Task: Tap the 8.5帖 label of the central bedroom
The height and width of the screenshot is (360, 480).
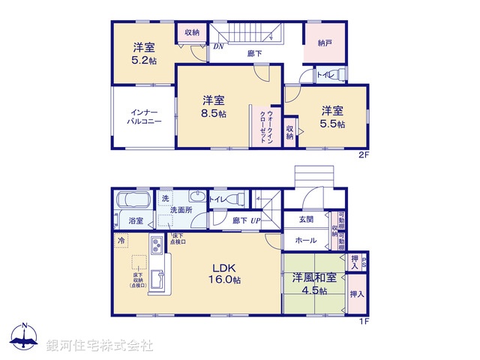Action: pyautogui.click(x=213, y=115)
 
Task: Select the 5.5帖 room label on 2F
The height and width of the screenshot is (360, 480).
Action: pyautogui.click(x=331, y=124)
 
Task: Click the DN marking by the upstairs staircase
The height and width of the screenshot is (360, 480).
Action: pyautogui.click(x=218, y=46)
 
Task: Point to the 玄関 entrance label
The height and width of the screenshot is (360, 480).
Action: pyautogui.click(x=307, y=220)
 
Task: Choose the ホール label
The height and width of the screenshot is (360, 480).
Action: pyautogui.click(x=304, y=241)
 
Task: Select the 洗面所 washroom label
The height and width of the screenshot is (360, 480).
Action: pyautogui.click(x=181, y=210)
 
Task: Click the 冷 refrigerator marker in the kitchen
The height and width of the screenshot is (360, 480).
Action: pyautogui.click(x=121, y=241)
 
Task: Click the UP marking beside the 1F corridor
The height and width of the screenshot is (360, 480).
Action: pyautogui.click(x=255, y=220)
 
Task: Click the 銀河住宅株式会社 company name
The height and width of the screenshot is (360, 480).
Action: pyautogui.click(x=100, y=345)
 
